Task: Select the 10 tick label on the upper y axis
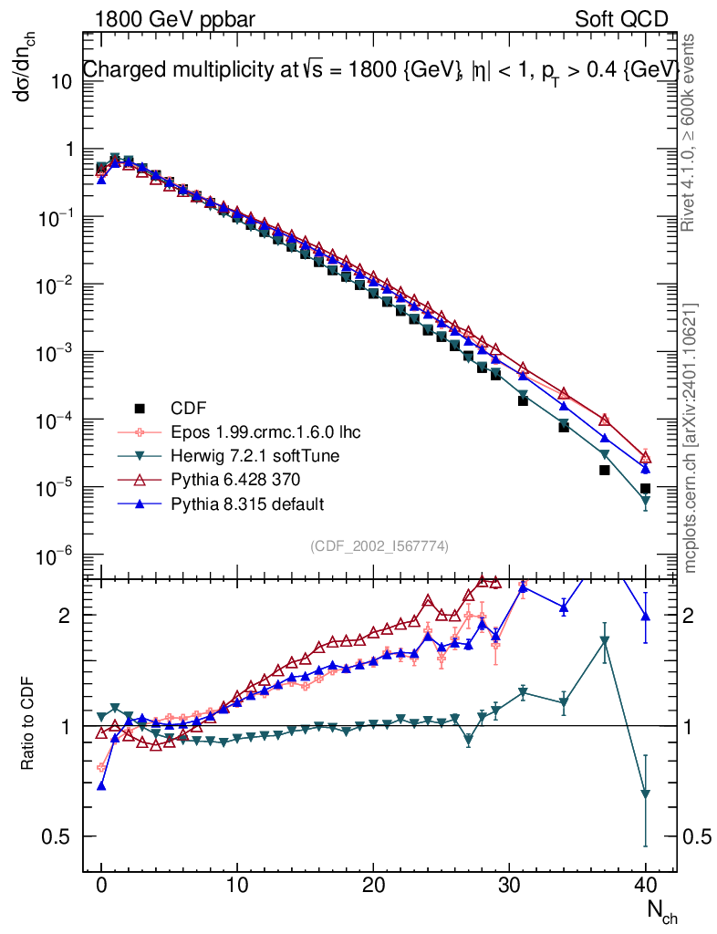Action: (60, 81)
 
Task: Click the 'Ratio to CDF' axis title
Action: (27, 726)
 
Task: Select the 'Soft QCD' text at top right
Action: (621, 19)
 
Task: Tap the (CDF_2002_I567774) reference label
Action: (379, 545)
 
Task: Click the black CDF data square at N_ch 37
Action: (604, 470)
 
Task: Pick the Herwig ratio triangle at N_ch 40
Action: (645, 794)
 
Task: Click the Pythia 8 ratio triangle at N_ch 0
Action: (101, 784)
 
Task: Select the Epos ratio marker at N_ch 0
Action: (101, 768)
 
